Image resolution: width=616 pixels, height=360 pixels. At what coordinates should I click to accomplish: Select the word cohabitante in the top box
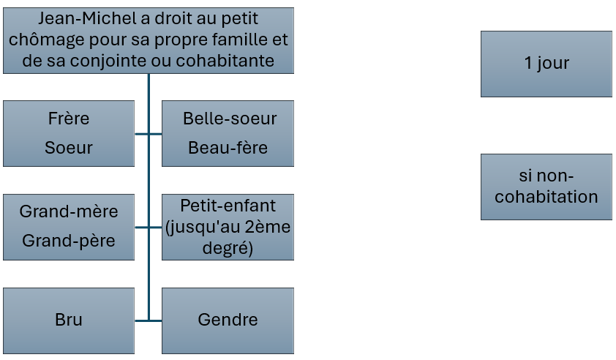click(x=225, y=61)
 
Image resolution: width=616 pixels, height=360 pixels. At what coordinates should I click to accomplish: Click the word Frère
click(x=69, y=119)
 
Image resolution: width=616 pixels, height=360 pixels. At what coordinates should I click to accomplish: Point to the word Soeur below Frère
click(x=69, y=148)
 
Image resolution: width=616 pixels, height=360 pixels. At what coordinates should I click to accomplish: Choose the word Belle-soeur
click(x=230, y=119)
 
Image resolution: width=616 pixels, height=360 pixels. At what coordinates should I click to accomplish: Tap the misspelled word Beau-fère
click(x=228, y=148)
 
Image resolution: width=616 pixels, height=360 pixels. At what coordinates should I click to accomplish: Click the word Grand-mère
click(x=69, y=211)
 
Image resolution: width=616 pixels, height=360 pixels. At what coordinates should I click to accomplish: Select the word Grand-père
click(x=69, y=241)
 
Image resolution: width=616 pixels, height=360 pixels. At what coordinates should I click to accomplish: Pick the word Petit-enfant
click(x=228, y=206)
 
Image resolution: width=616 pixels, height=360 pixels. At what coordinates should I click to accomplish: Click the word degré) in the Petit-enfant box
click(x=228, y=248)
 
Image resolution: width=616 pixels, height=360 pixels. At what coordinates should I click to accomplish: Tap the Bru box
click(x=69, y=320)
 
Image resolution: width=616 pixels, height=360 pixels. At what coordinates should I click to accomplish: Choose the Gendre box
click(x=228, y=320)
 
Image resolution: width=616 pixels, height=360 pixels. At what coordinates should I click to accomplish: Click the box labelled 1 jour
click(x=546, y=64)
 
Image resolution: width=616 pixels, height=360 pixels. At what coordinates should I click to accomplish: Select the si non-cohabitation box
click(x=546, y=187)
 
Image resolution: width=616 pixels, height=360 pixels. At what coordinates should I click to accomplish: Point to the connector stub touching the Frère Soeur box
click(x=141, y=134)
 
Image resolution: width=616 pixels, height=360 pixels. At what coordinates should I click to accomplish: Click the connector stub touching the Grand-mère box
click(x=141, y=227)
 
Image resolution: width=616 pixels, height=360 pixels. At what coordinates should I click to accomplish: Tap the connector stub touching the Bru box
click(x=141, y=320)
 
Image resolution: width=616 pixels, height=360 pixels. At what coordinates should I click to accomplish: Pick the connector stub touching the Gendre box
click(x=156, y=320)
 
